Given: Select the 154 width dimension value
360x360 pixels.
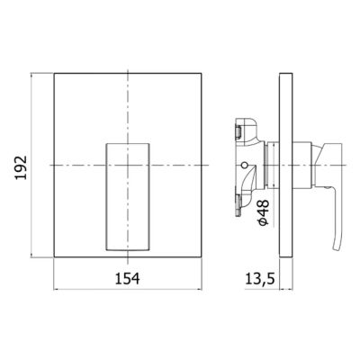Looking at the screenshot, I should (129, 278).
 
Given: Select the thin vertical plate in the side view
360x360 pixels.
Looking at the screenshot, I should (284, 166).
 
